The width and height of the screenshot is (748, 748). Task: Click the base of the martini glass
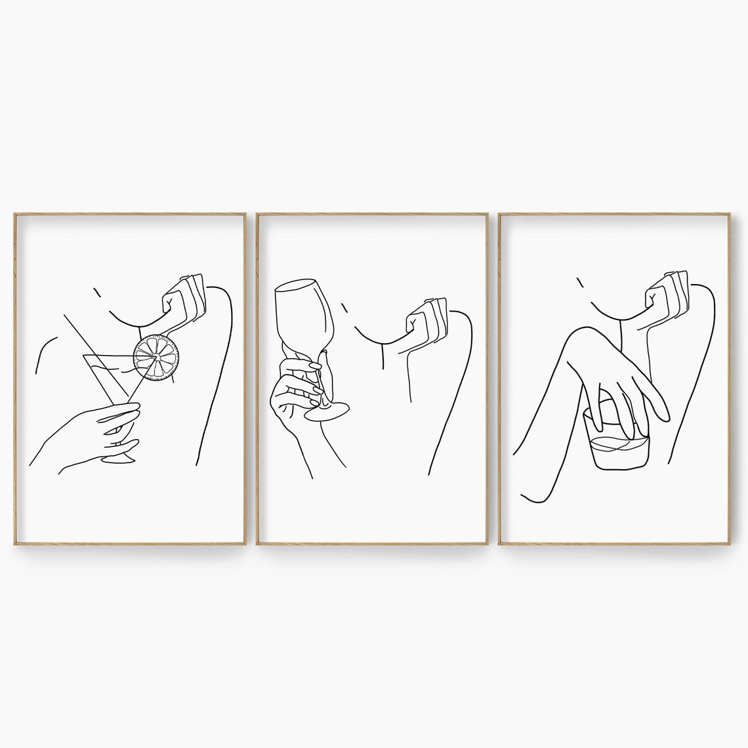point(118,457)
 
